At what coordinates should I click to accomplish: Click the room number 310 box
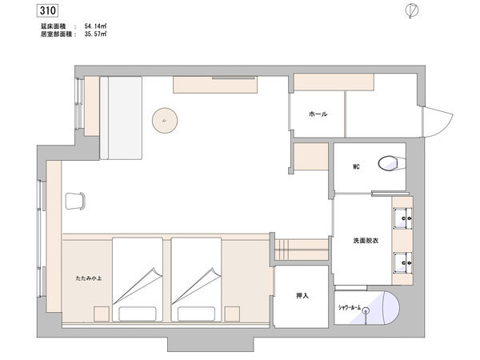[x=48, y=10]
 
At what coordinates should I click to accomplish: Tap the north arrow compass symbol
[x=412, y=11]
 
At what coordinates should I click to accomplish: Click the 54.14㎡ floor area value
[x=95, y=26]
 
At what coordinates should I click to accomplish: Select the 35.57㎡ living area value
[x=95, y=34]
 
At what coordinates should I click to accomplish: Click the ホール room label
[x=318, y=114]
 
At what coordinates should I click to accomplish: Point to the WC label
[x=356, y=167]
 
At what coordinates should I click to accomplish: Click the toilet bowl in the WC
[x=388, y=163]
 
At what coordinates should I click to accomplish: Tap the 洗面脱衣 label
[x=366, y=241]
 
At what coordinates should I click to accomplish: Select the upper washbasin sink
[x=402, y=218]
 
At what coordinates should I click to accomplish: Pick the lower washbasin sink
[x=402, y=262]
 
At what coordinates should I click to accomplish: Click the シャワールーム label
[x=349, y=307]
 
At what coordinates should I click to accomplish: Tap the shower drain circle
[x=366, y=311]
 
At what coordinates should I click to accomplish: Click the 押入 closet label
[x=302, y=296]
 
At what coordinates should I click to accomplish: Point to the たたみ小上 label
[x=89, y=278]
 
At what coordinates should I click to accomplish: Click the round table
[x=165, y=120]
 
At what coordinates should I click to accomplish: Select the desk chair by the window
[x=75, y=201]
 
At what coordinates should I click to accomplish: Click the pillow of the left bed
[x=138, y=314]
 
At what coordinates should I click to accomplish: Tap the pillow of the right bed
[x=196, y=314]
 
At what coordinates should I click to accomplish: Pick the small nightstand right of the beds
[x=232, y=314]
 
